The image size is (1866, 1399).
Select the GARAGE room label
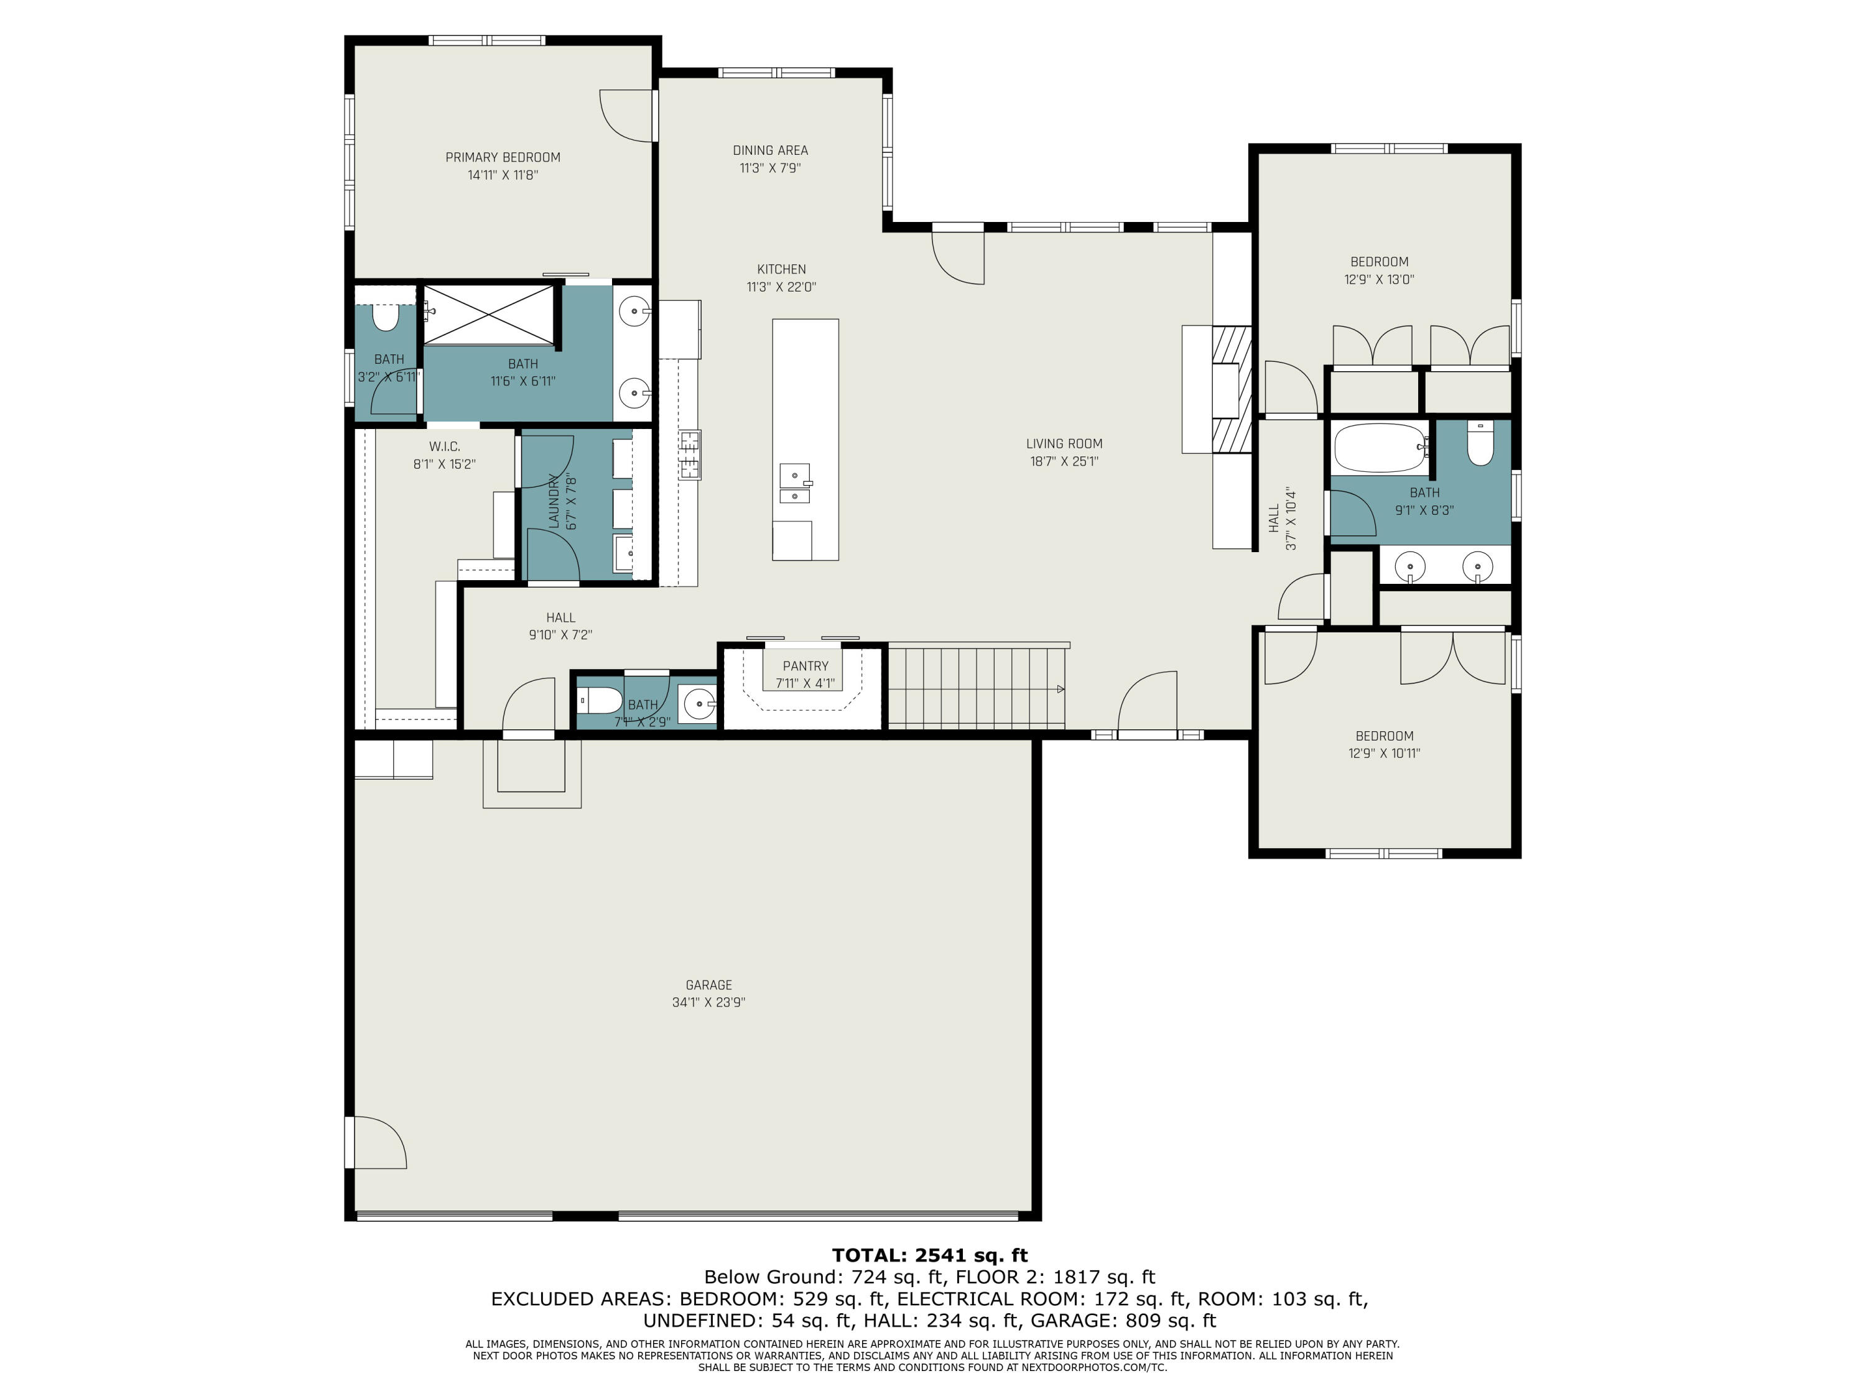[x=708, y=985]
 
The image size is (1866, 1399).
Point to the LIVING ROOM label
[x=1064, y=443]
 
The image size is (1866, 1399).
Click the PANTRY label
[x=805, y=666]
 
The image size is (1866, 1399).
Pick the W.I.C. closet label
[x=445, y=446]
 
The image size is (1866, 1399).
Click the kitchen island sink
[x=795, y=484]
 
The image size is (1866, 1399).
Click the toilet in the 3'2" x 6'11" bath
[x=386, y=317]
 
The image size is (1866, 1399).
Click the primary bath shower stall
[x=488, y=315]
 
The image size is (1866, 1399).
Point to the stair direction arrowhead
[x=1061, y=689]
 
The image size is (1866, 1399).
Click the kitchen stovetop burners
[x=690, y=455]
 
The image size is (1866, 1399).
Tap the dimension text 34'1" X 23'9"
[x=708, y=1003]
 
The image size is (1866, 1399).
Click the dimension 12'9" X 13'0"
[x=1379, y=280]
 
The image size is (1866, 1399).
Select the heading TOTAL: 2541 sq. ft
[x=930, y=1255]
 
